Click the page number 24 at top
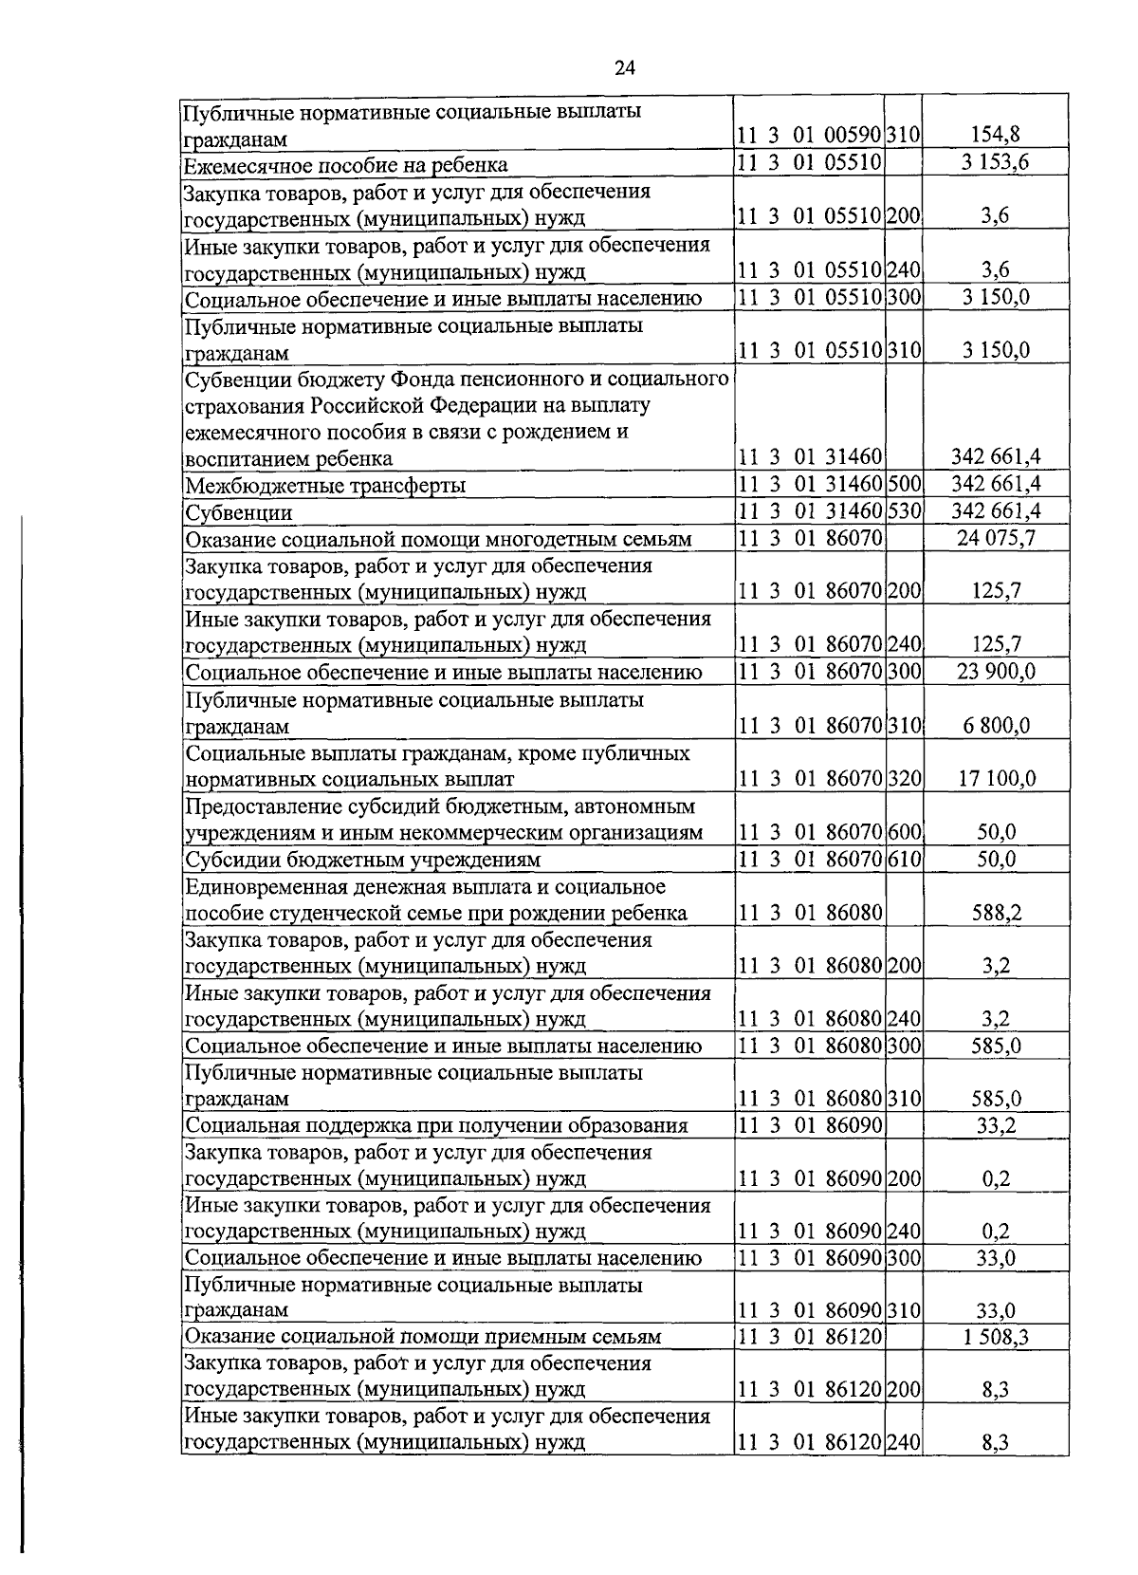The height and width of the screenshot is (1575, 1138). click(624, 66)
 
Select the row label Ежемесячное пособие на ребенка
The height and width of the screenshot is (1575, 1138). click(346, 165)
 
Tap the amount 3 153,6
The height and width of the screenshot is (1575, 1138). click(995, 162)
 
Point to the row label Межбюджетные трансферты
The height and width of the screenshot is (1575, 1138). click(325, 486)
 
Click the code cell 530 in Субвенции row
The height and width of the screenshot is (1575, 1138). click(904, 511)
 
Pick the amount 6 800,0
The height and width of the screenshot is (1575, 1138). click(995, 726)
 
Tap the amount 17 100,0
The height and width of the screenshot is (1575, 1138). click(995, 779)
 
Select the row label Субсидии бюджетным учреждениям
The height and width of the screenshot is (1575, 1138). click(363, 860)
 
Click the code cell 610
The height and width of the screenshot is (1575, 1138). click(904, 859)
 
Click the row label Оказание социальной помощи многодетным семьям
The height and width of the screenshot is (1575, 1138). click(438, 539)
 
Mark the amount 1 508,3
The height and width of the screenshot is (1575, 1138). click(995, 1338)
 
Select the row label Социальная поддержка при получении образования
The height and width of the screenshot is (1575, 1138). click(436, 1125)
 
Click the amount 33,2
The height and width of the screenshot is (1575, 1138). click(995, 1125)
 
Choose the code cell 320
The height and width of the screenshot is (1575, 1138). click(904, 779)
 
